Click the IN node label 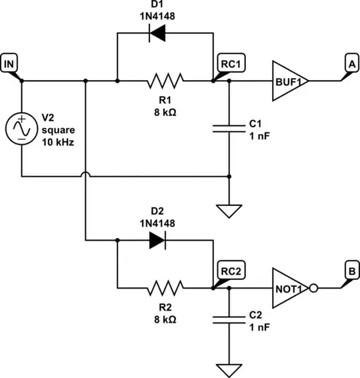(x=9, y=63)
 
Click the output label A (x=350, y=63)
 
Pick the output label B (x=350, y=271)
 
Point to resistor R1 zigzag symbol (x=164, y=81)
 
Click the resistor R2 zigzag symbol (x=164, y=289)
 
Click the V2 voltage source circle (x=21, y=128)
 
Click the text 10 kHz (x=57, y=143)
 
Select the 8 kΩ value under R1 (x=164, y=112)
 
